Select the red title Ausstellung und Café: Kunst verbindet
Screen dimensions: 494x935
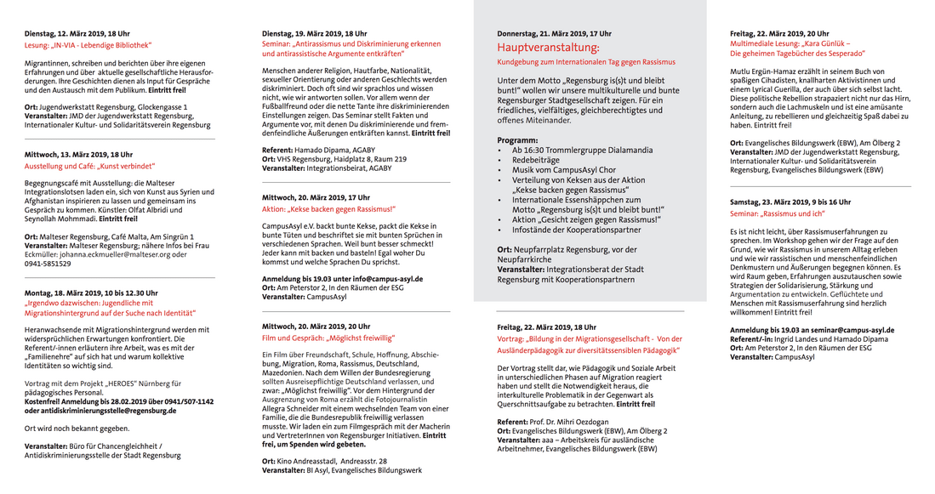(89, 167)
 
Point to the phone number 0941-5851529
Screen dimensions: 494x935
(48, 264)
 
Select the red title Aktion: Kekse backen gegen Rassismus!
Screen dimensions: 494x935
(328, 208)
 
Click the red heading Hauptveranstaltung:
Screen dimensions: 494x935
(548, 48)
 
